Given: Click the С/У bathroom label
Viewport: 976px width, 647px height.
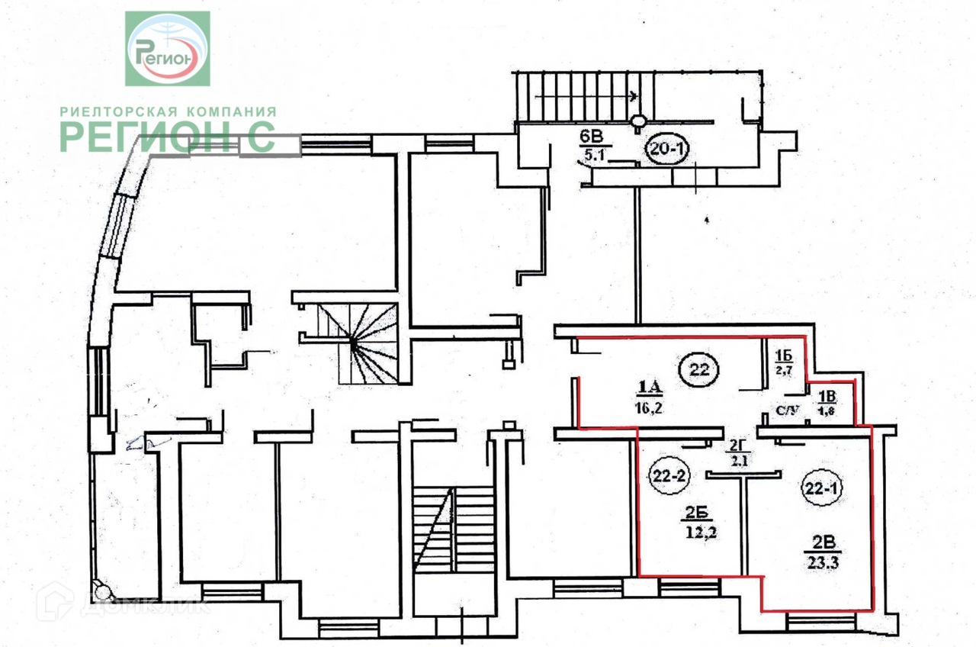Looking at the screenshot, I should pos(788,411).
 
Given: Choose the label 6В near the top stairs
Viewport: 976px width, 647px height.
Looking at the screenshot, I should pos(592,137).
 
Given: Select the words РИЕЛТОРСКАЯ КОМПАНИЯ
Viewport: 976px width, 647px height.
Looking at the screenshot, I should pos(168,111).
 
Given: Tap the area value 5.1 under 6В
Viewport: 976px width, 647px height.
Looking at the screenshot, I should pos(592,158).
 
